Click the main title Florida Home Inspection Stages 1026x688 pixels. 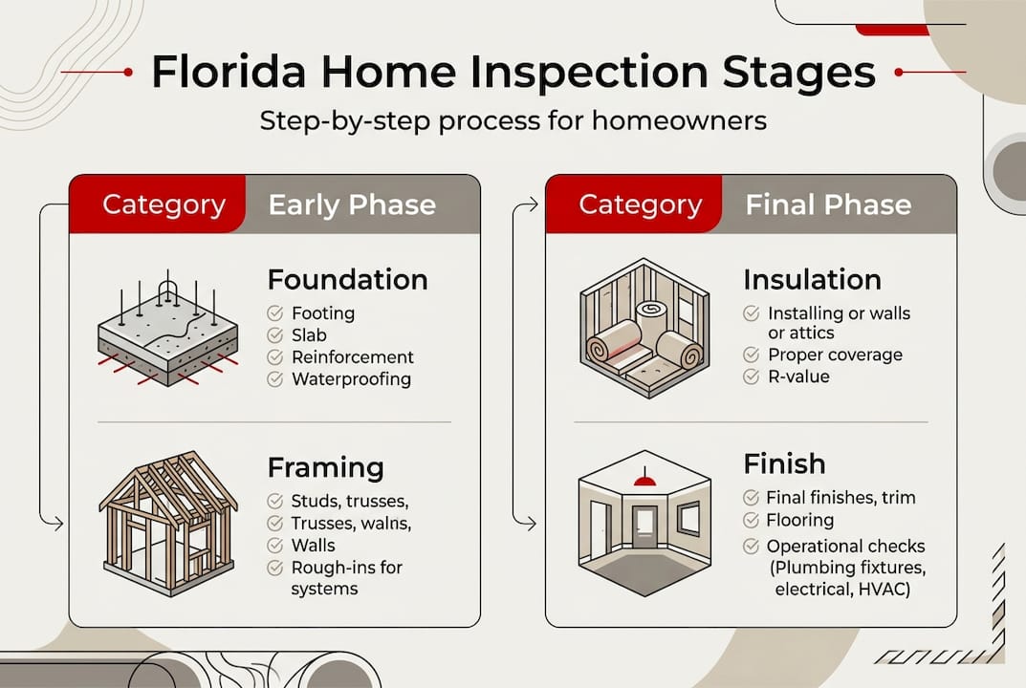(x=513, y=74)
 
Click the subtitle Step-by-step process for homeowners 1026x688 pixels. (x=513, y=123)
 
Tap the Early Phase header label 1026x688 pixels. (x=352, y=204)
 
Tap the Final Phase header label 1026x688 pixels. (x=828, y=204)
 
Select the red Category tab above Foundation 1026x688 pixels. (x=164, y=204)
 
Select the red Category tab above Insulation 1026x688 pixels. (x=640, y=204)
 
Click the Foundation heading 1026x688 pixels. (x=347, y=280)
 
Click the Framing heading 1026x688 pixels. (x=325, y=468)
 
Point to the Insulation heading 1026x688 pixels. (x=812, y=280)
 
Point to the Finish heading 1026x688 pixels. (x=784, y=464)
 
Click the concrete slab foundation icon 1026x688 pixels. (x=168, y=331)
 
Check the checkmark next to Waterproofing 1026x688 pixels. (x=275, y=379)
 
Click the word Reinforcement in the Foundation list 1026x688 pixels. (x=353, y=357)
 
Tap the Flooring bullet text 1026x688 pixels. (x=799, y=521)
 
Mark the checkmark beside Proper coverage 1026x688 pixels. (x=752, y=355)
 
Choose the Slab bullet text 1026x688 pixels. (x=309, y=335)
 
